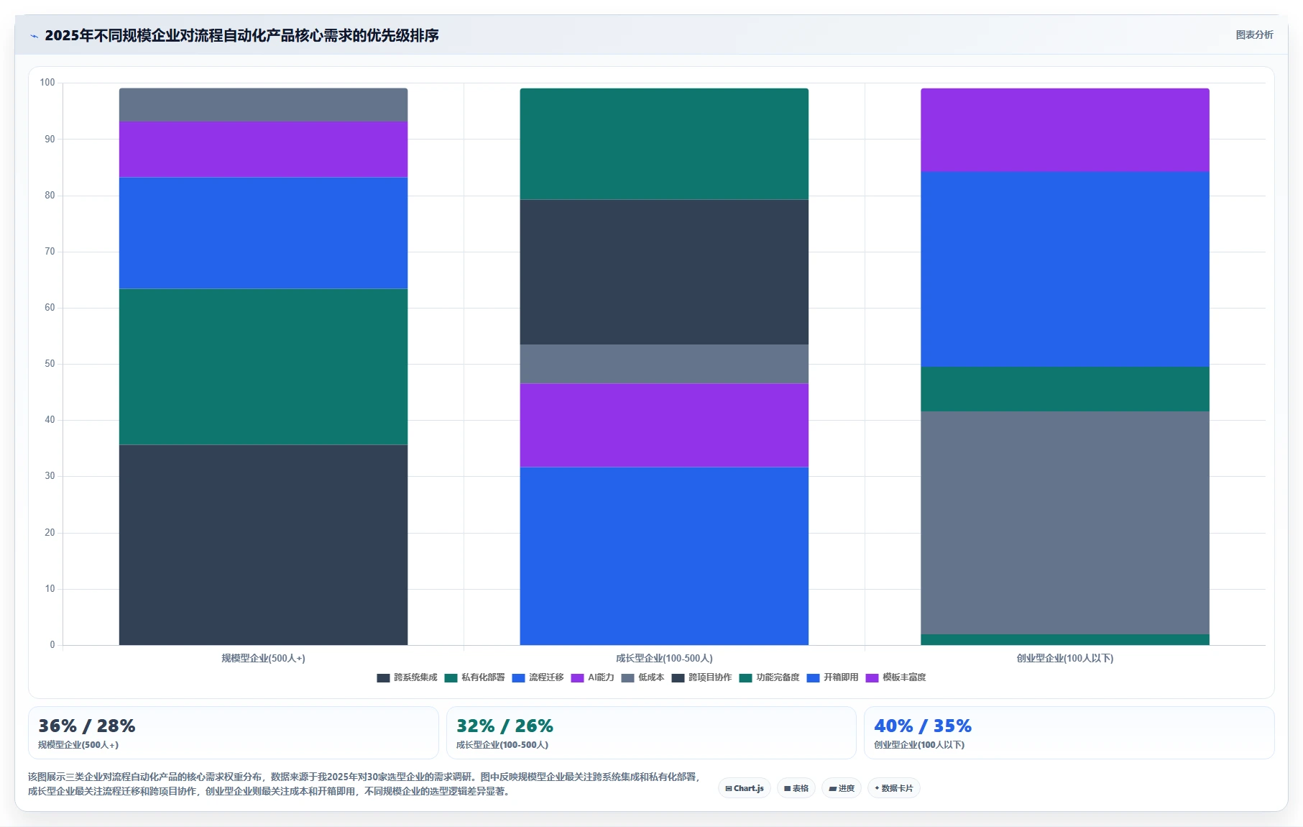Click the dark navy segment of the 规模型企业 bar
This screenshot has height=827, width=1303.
[263, 544]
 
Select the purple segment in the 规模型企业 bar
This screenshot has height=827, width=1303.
[263, 149]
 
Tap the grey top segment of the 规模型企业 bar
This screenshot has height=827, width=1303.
[263, 105]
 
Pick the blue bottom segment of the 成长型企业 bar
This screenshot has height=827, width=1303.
[664, 556]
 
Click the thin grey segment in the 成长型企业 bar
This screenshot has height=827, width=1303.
[664, 364]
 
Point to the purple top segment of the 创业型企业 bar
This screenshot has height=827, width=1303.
[1065, 130]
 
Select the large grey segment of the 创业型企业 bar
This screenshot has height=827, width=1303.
[1065, 523]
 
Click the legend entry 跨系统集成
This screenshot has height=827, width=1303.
[408, 677]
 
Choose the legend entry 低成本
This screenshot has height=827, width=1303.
[643, 677]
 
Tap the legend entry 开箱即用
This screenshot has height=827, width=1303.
[833, 677]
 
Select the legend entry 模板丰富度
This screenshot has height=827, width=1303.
[896, 677]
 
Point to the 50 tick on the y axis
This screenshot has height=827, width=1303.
[50, 364]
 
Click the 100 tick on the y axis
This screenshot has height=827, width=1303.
[47, 83]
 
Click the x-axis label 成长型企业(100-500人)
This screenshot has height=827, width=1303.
[664, 658]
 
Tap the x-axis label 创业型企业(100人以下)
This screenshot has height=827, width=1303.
[1065, 658]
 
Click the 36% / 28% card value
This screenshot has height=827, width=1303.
[87, 726]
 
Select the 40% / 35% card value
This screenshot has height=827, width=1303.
[923, 726]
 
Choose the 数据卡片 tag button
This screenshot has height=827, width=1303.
[894, 788]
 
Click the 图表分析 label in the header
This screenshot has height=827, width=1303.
[1254, 35]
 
